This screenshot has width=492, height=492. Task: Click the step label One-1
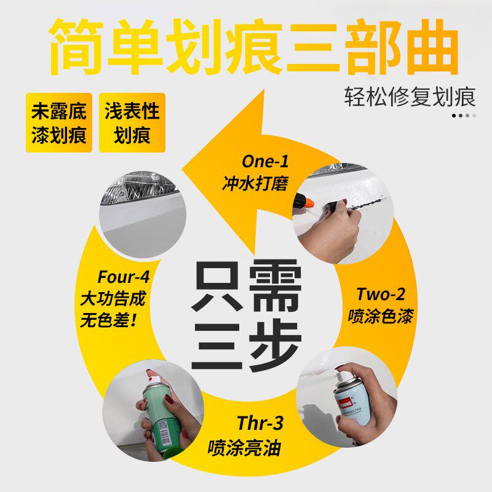[x=264, y=162]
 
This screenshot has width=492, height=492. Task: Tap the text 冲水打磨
[x=255, y=184]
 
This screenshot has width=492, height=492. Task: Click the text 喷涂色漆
[x=379, y=316]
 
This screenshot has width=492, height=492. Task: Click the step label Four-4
[x=123, y=277]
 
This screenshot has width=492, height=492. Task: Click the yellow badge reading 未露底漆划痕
[x=59, y=122]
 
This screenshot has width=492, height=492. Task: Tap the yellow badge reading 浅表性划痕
[x=132, y=122]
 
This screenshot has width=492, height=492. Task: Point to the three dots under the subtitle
[x=464, y=115]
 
